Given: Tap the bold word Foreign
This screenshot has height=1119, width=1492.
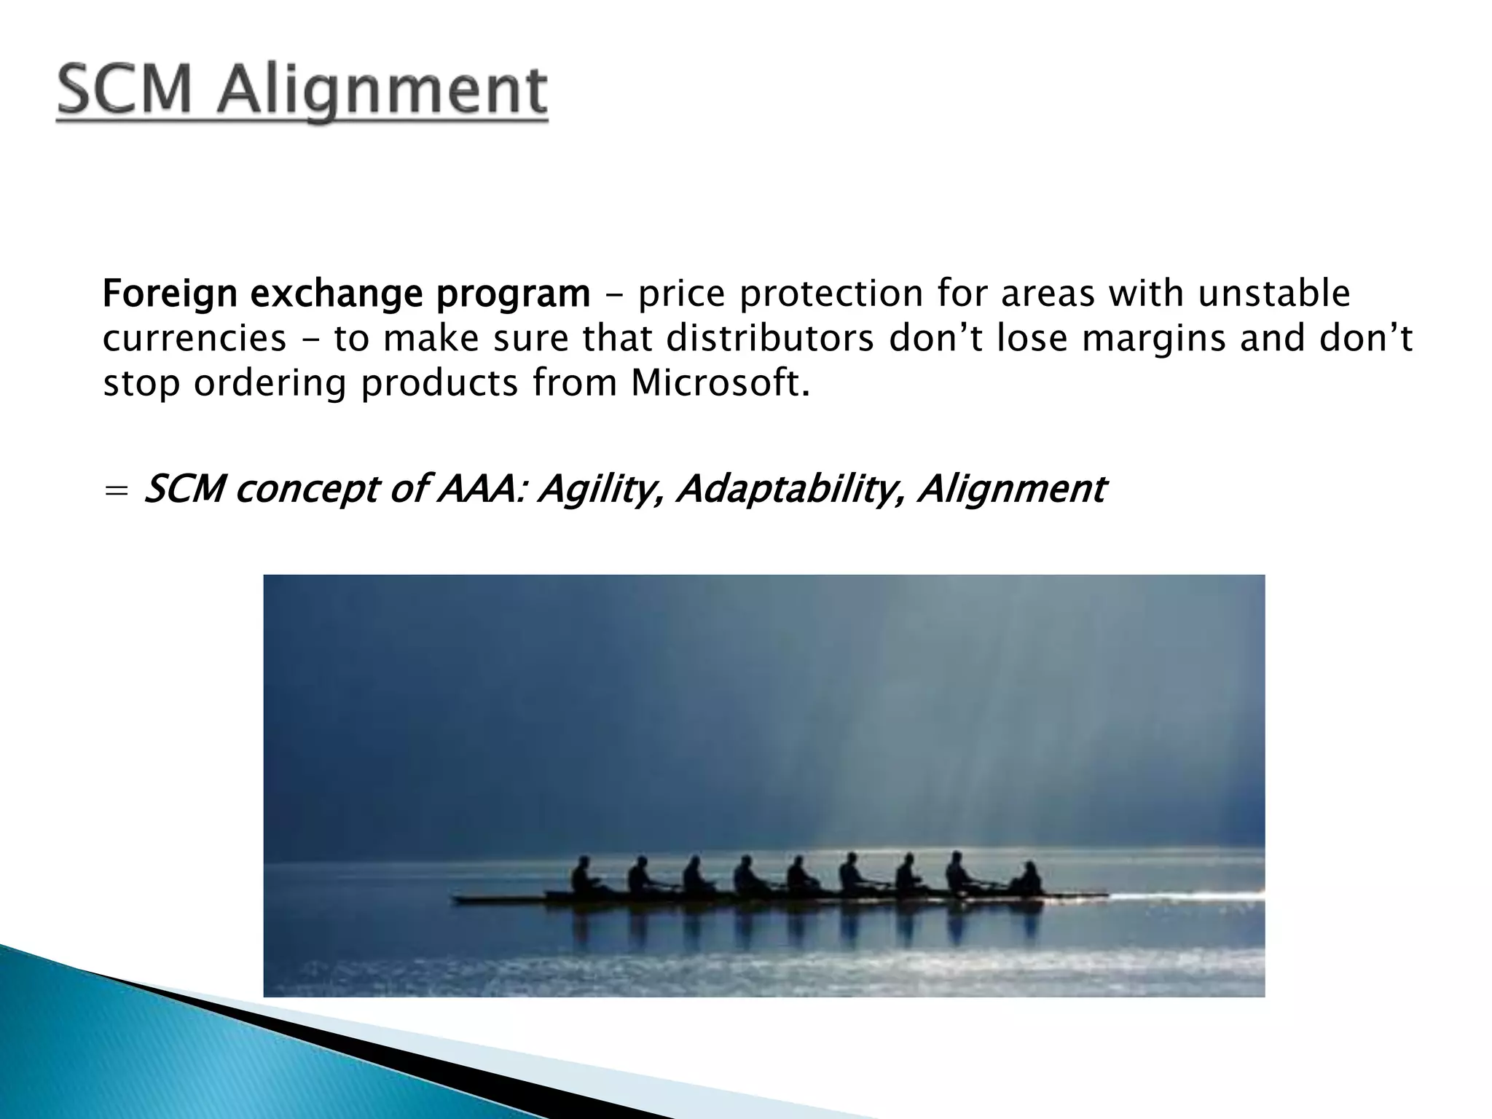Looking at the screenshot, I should click(170, 295).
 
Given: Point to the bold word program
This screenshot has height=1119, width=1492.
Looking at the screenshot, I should click(513, 295).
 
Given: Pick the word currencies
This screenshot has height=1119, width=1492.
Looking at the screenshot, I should click(195, 339).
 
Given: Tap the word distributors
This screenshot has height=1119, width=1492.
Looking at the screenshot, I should click(769, 339).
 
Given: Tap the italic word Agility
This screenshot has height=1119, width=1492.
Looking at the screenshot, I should click(600, 490).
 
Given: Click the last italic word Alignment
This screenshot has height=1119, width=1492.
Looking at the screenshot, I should click(1011, 490).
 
